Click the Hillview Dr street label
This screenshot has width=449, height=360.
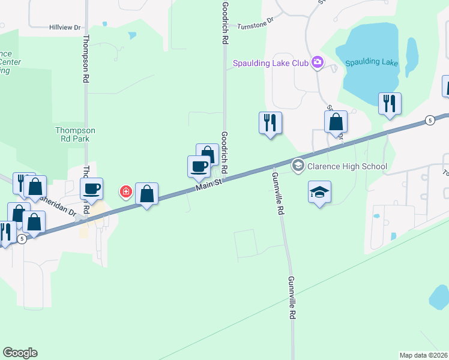[65, 27]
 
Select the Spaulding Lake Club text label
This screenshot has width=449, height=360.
[271, 63]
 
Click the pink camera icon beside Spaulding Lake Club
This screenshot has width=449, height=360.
[318, 62]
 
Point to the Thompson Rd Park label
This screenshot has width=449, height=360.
[75, 134]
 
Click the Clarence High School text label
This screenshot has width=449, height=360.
[348, 166]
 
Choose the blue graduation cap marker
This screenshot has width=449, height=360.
[320, 192]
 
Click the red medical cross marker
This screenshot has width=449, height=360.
[125, 192]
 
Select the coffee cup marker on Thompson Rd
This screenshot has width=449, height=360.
[92, 189]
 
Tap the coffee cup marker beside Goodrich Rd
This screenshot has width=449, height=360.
[199, 166]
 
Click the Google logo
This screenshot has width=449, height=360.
[20, 352]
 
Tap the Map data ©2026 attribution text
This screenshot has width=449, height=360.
[423, 355]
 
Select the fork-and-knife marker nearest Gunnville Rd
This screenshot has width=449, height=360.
[270, 122]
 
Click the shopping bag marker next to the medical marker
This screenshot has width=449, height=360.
[146, 193]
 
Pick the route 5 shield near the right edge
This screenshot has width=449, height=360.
[430, 120]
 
